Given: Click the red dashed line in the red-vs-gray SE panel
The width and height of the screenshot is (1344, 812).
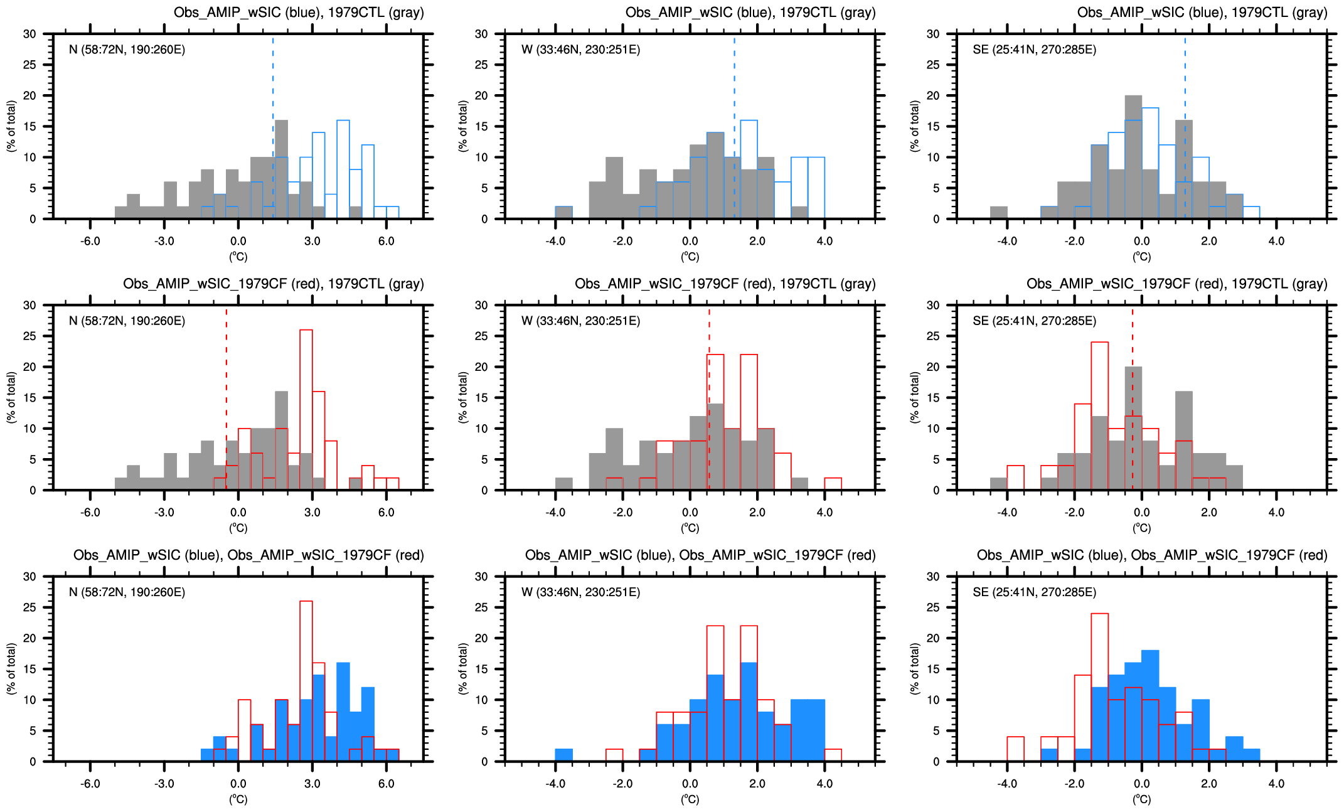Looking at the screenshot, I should coord(1133,377).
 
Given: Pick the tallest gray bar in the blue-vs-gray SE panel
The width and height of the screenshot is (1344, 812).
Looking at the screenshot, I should coord(1133,157).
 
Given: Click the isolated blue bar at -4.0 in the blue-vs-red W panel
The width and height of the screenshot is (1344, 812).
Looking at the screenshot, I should coord(563,755).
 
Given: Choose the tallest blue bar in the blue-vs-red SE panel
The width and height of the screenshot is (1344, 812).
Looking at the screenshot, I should coord(1150,706).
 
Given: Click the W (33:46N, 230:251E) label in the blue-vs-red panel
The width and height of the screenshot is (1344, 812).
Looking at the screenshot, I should coord(580,592).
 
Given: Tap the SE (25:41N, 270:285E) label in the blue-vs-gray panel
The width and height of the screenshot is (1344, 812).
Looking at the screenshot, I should coord(1034,50).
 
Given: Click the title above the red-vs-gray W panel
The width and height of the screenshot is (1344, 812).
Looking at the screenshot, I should coord(725,284).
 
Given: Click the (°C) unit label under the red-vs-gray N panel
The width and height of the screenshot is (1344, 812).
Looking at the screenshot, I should coord(238,528).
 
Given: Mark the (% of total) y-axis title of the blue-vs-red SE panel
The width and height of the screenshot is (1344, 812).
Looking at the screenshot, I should coord(915,668).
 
